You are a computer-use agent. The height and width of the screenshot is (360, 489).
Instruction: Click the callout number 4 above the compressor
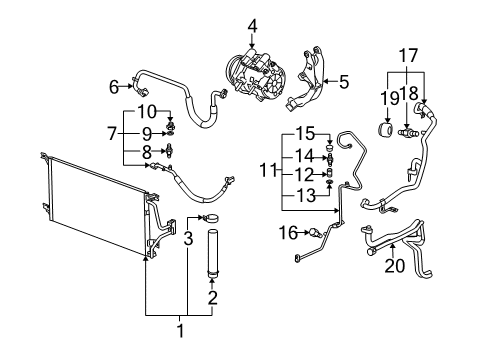point(253,25)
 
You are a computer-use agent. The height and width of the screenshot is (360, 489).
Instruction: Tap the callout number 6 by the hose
point(113,86)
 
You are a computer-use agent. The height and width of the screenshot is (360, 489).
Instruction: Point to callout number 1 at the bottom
point(180,331)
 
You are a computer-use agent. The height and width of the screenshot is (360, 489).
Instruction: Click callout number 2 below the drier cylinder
point(211,297)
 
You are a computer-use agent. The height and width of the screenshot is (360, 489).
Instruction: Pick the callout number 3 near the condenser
point(187,238)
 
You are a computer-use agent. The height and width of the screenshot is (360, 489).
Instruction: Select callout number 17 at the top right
point(407,56)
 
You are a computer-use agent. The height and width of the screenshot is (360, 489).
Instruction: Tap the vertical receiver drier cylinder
point(211,256)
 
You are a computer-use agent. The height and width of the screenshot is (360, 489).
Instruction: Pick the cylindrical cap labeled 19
point(383,131)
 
